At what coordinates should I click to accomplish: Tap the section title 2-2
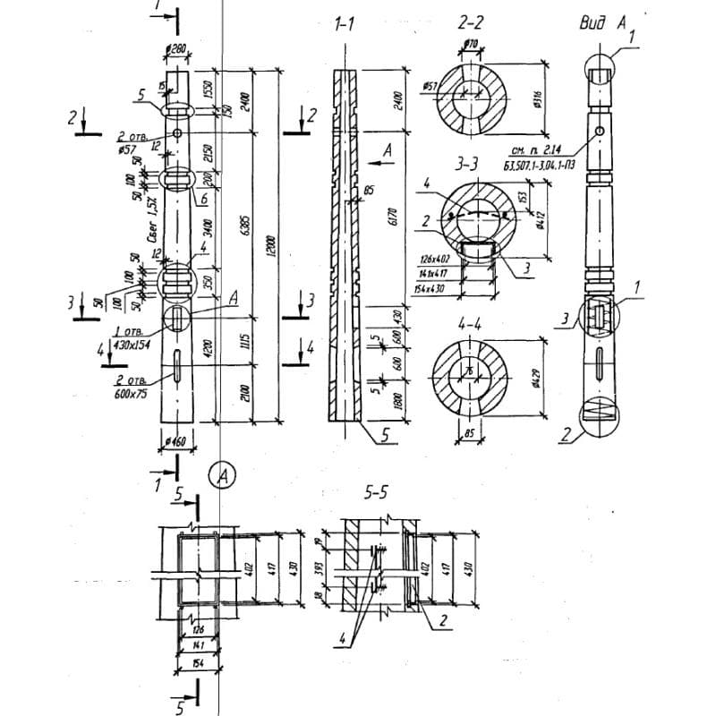click(471, 23)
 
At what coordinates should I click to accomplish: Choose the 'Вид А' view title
click(601, 23)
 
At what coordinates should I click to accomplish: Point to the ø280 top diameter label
click(175, 49)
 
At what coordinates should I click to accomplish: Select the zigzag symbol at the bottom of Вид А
click(601, 413)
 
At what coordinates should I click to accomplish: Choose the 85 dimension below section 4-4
click(470, 438)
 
